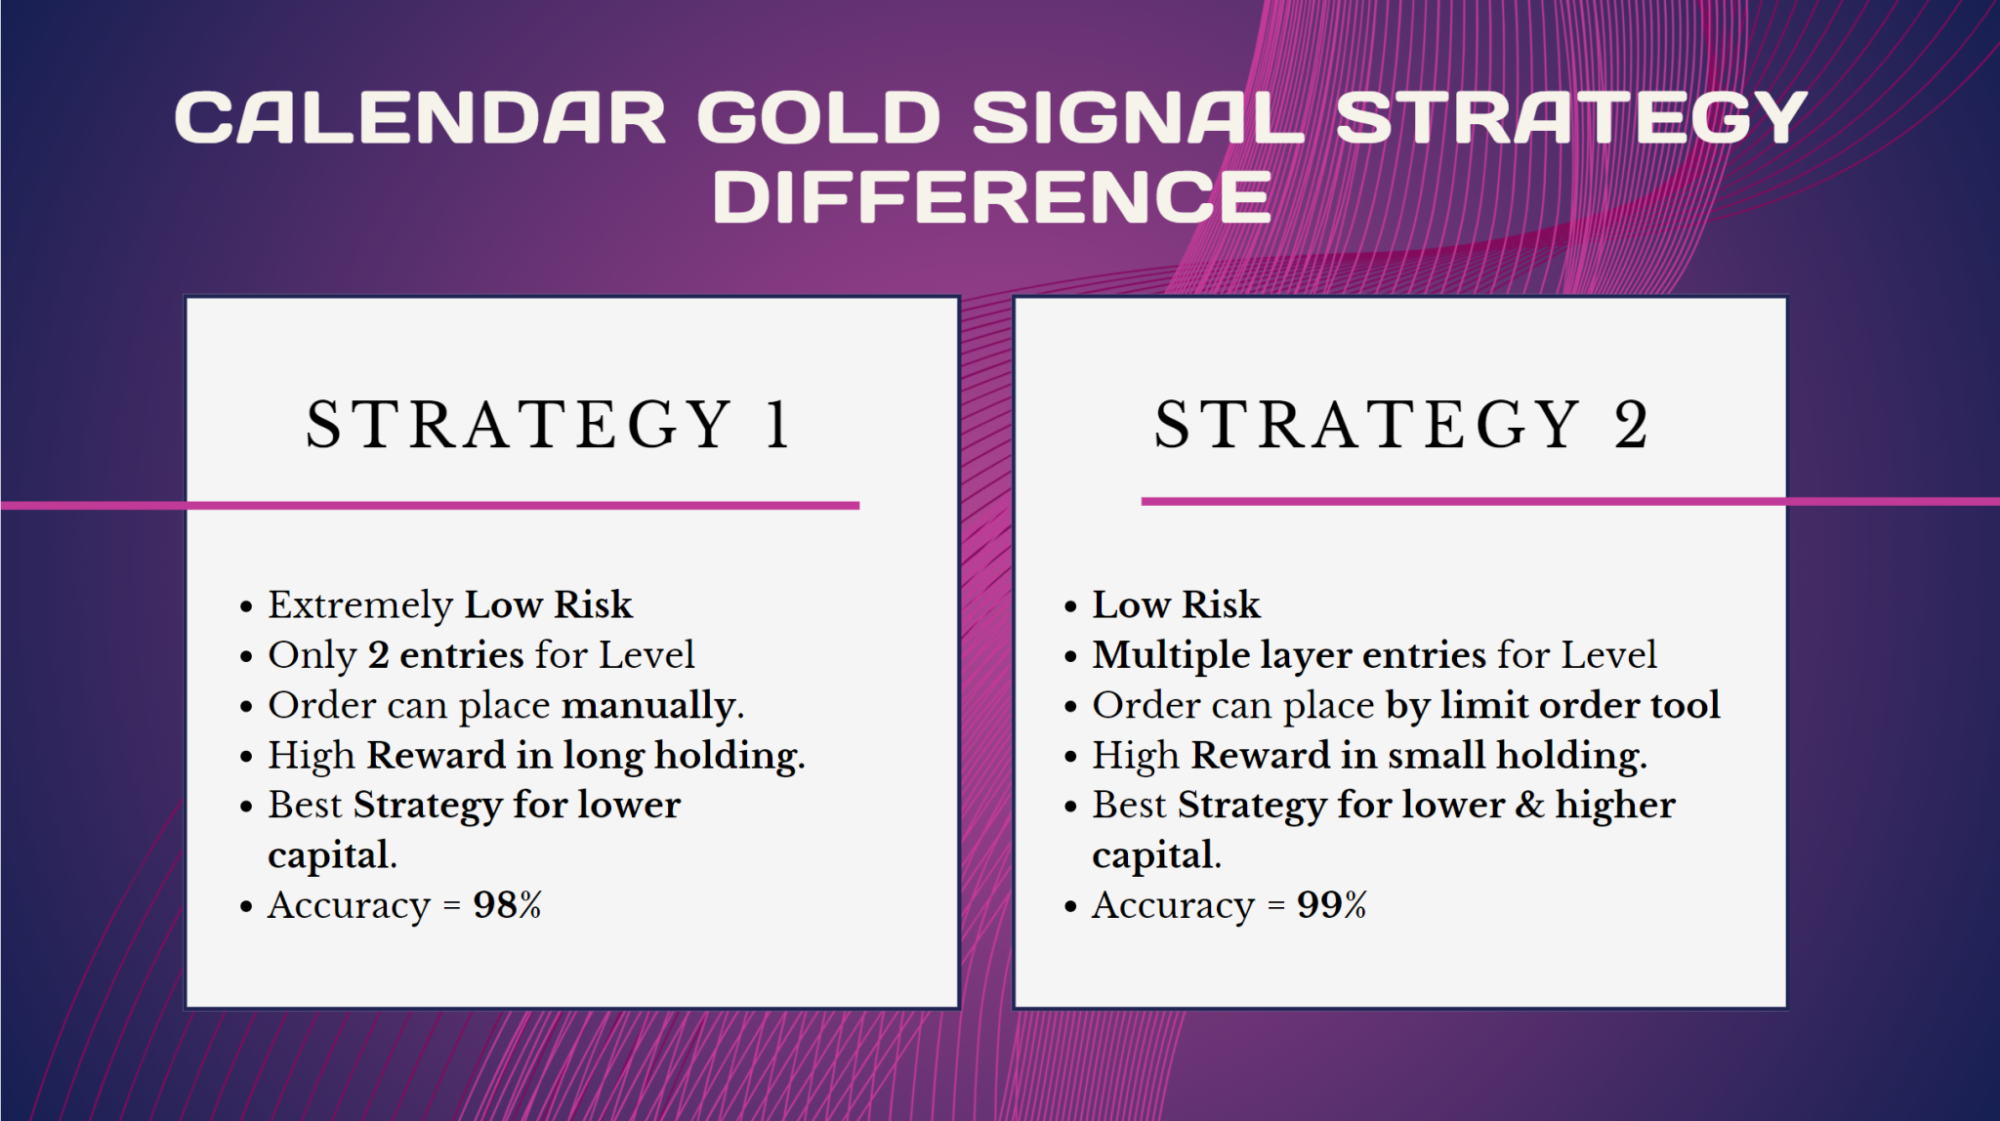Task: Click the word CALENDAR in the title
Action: tap(420, 118)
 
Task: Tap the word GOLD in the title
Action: tap(818, 118)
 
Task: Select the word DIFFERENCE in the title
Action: tap(991, 198)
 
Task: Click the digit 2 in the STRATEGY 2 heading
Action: tap(1630, 426)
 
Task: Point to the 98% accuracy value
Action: tap(507, 905)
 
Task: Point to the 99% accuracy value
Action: tap(1331, 905)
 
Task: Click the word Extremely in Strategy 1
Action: tap(359, 605)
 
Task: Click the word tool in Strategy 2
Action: tap(1685, 705)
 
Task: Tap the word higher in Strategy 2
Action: tap(1615, 806)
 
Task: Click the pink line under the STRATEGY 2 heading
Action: tap(1465, 501)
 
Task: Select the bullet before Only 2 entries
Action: tap(246, 657)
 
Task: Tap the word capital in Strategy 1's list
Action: tap(330, 856)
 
